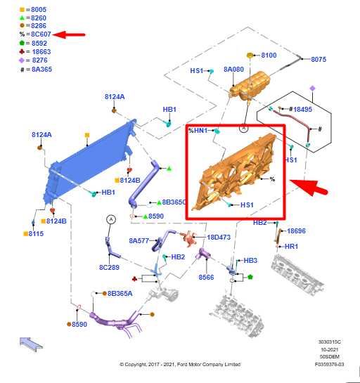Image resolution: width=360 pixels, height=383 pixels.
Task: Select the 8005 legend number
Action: click(39, 10)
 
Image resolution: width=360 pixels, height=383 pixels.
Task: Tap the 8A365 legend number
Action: click(41, 70)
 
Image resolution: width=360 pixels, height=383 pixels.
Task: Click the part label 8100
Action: click(269, 56)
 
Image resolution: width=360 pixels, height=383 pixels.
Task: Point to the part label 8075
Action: click(319, 59)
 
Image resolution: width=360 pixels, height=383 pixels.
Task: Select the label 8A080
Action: click(233, 70)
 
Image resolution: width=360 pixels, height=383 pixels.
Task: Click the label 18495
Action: click(302, 109)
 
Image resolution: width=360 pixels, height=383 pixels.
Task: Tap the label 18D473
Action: click(219, 237)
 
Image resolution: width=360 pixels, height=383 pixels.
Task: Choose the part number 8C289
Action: click(109, 267)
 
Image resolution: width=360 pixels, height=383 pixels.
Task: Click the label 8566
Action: click(206, 277)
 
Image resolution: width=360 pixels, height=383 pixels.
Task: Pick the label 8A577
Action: click(139, 241)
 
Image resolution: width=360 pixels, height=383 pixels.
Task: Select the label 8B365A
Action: click(120, 293)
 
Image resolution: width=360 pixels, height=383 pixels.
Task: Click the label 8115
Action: click(36, 234)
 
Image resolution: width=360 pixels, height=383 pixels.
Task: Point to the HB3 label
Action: click(250, 261)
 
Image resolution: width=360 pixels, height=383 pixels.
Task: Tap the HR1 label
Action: click(291, 246)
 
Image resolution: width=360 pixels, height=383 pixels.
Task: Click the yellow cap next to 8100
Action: click(250, 56)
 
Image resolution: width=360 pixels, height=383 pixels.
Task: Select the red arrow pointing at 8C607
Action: click(69, 34)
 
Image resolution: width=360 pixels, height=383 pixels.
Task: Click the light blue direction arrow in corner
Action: click(31, 344)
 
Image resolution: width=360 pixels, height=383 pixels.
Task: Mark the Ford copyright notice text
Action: click(180, 364)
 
